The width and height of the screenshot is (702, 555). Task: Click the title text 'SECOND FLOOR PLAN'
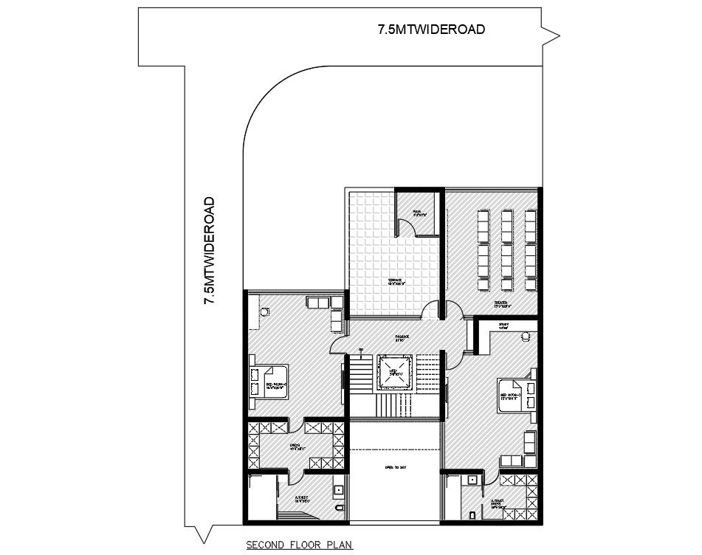coord(300,546)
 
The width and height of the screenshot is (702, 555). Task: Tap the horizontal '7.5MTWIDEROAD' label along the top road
coord(431,30)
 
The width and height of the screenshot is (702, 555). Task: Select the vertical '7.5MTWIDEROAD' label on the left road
coord(210,251)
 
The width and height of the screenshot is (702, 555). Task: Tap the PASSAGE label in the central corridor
coord(403,339)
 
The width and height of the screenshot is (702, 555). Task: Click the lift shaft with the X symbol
coord(396,373)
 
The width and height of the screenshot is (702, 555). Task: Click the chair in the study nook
coord(526,337)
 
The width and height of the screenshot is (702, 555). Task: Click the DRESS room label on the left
coord(293,446)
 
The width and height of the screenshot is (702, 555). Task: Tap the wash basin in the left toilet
coord(338,488)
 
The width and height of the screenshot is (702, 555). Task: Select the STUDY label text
coord(503,325)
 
